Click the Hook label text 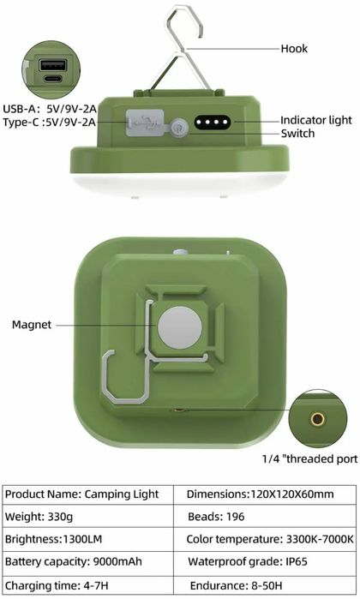[294, 49]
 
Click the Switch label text [298, 135]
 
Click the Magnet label [32, 325]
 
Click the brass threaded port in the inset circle [318, 419]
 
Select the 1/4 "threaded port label [309, 459]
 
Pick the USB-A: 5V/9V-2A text [48, 108]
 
